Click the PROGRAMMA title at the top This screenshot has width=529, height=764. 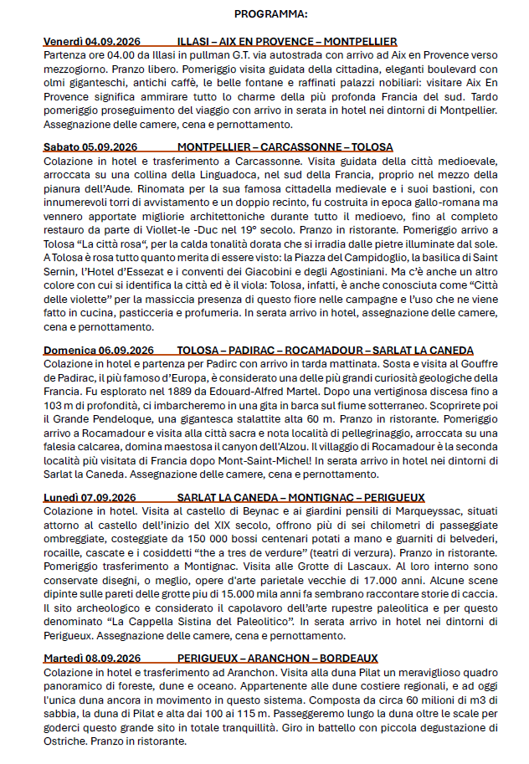pyautogui.click(x=270, y=14)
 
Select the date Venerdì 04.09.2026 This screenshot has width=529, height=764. pyautogui.click(x=91, y=41)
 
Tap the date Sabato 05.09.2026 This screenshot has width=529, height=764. pyautogui.click(x=90, y=146)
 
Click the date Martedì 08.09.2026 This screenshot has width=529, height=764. pyautogui.click(x=92, y=658)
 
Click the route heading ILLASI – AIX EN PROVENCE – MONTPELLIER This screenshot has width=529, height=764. pyautogui.click(x=287, y=41)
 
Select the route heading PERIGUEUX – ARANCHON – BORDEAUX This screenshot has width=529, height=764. pyautogui.click(x=278, y=658)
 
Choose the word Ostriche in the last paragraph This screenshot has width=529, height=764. pyautogui.click(x=65, y=741)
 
